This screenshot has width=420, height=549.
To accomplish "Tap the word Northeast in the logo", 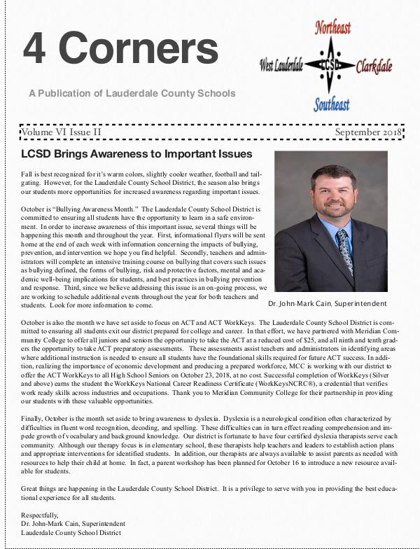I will (332, 28).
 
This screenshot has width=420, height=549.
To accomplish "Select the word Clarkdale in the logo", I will (373, 67).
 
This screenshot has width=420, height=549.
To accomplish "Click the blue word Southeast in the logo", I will (331, 104).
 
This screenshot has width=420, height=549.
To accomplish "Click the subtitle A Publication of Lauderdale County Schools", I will (132, 93).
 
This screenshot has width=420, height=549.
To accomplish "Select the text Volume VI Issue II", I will (62, 132).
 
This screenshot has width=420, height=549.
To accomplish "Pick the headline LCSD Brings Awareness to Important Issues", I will (136, 154).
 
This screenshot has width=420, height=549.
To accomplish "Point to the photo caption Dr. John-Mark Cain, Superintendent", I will (326, 303).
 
